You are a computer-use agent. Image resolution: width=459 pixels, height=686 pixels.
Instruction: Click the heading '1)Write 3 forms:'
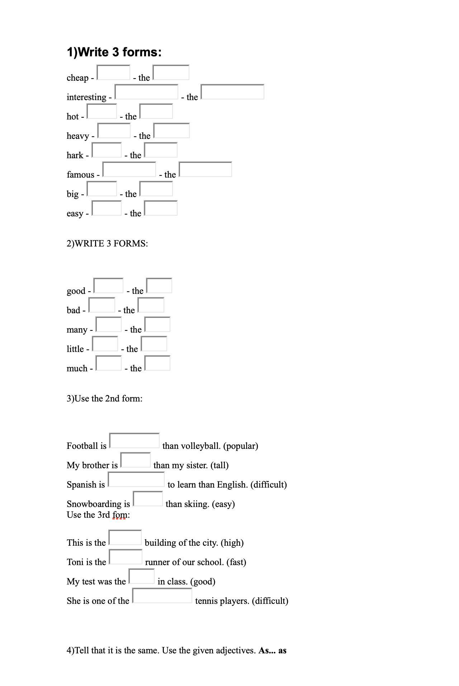[x=114, y=52]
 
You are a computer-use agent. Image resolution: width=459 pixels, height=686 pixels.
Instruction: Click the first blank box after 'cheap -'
[x=113, y=72]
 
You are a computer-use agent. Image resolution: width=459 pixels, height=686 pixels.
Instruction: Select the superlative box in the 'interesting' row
[x=232, y=92]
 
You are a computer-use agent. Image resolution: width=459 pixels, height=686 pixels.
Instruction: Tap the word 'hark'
[x=75, y=155]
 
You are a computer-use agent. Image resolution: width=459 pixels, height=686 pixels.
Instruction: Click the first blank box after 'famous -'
[x=129, y=169]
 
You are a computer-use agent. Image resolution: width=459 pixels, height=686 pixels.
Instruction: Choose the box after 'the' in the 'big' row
[x=156, y=189]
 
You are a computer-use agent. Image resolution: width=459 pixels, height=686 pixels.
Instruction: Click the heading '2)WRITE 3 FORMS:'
[x=107, y=244]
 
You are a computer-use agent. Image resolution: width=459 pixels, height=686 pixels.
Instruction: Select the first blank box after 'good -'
[x=108, y=286]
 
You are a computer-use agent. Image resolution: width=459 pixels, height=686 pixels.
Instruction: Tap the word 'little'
[x=75, y=349]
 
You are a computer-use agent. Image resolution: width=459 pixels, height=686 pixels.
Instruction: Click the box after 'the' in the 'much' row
[x=157, y=363]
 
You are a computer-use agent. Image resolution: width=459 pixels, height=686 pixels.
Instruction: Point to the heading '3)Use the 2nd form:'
[x=104, y=399]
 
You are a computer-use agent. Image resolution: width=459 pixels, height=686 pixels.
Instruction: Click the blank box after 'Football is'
[x=134, y=441]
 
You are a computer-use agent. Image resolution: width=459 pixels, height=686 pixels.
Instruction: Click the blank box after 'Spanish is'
[x=136, y=479]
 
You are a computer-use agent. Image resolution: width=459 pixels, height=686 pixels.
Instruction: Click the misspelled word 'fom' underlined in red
[x=119, y=515]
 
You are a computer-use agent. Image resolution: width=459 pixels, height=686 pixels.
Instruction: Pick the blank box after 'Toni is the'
[x=126, y=557]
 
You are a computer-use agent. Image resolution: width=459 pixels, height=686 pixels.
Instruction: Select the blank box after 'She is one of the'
[x=162, y=596]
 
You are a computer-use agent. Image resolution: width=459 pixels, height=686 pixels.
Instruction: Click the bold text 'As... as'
[x=273, y=650]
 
